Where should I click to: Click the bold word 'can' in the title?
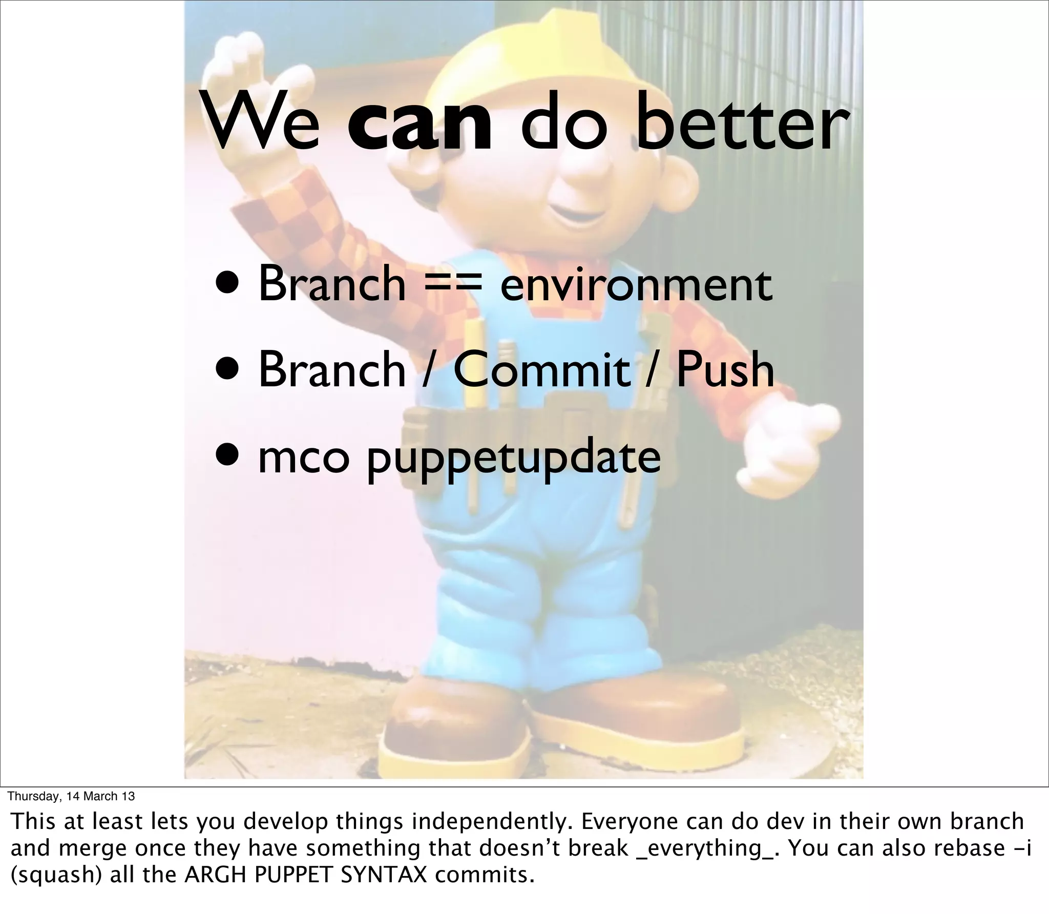(420, 126)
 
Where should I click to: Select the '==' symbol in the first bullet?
(452, 285)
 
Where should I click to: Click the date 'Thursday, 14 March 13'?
(72, 796)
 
